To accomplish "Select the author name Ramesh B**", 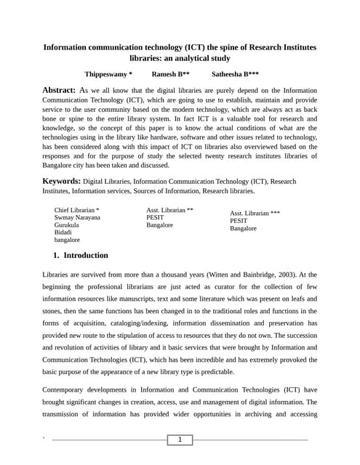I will [x=170, y=74].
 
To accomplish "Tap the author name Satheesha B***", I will [x=235, y=74].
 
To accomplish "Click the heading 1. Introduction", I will [x=81, y=256].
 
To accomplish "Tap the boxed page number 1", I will [x=180, y=440].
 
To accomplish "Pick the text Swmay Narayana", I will [x=77, y=217].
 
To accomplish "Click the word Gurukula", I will [x=67, y=225].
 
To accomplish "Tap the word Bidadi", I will [x=63, y=232].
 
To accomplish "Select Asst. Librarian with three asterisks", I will [x=255, y=214].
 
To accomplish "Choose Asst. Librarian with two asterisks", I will [x=169, y=210].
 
